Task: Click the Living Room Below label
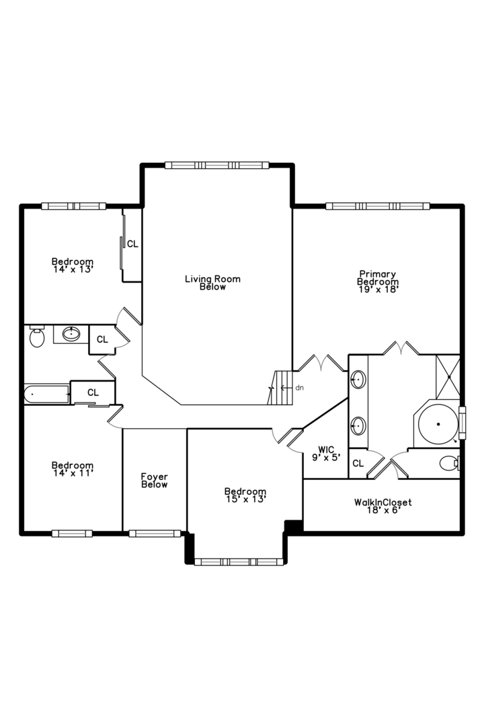212,283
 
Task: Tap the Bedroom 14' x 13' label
73,265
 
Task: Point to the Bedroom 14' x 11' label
73,469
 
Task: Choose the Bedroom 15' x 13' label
245,495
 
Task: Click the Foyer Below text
154,481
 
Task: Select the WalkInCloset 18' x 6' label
382,506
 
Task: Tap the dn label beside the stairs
299,388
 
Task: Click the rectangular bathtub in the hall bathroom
47,394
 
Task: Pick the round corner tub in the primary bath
438,425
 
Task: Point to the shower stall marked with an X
447,374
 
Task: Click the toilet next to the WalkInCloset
449,463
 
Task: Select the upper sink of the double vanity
358,380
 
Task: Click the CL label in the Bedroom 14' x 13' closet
132,244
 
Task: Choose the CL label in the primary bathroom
358,463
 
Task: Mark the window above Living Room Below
216,165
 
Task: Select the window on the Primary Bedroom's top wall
377,206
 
